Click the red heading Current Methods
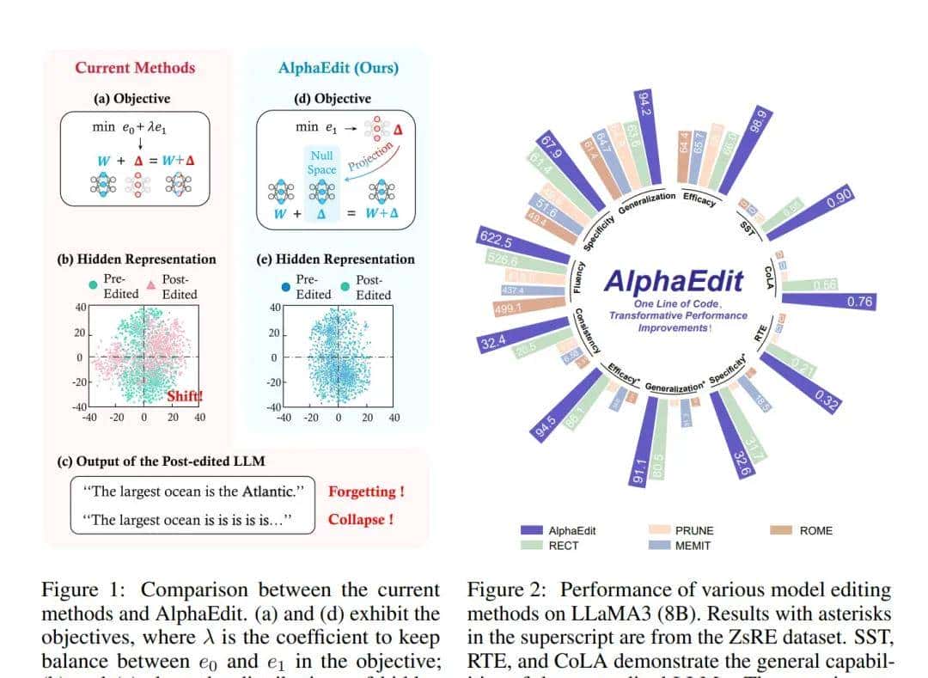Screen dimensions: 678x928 tap(135, 67)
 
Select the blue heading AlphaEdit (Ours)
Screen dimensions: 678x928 tap(339, 67)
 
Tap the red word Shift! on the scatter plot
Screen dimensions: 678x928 tap(184, 396)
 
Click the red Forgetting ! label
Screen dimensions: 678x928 tap(366, 492)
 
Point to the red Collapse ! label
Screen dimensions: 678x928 tap(361, 519)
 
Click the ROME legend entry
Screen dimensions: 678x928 tap(815, 530)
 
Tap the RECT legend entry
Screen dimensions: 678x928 tap(564, 546)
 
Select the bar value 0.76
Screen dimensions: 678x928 tap(860, 302)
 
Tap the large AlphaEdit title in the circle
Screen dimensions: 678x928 tap(675, 280)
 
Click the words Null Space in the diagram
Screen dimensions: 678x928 tap(321, 162)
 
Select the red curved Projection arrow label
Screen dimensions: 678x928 tap(369, 156)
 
